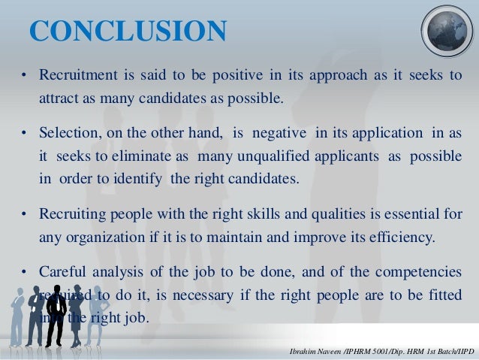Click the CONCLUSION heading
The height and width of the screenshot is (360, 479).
coord(128,32)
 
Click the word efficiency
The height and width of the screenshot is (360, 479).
coord(394,237)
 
